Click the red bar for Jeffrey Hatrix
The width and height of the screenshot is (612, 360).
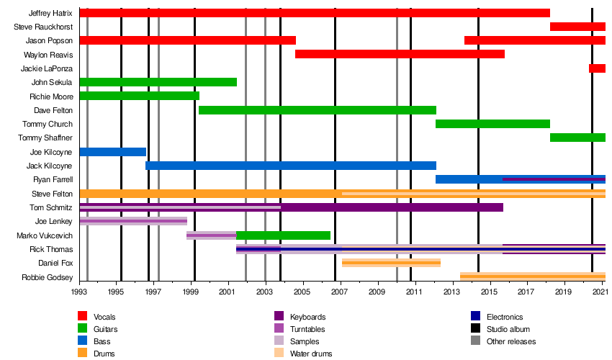tap(314, 13)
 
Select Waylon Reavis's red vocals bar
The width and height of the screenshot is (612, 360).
tap(400, 54)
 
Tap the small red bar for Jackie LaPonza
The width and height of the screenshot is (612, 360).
tap(597, 68)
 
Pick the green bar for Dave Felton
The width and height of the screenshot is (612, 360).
tap(317, 110)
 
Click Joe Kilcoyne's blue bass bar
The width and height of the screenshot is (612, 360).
tap(112, 152)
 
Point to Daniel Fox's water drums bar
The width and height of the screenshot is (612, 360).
tap(391, 263)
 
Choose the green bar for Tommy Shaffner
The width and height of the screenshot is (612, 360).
tap(577, 138)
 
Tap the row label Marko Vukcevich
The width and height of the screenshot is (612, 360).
tap(45, 235)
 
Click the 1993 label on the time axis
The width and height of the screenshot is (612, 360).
tap(80, 292)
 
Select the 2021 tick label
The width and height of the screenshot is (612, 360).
tap(600, 292)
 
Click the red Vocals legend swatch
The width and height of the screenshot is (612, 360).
tap(83, 316)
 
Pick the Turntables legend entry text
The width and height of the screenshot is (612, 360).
tap(309, 329)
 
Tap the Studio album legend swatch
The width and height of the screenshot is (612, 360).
tap(476, 328)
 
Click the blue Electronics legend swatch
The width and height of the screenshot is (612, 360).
tap(476, 316)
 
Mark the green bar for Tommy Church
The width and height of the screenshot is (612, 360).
tap(492, 124)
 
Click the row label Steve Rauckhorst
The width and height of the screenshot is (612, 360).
tap(43, 27)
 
